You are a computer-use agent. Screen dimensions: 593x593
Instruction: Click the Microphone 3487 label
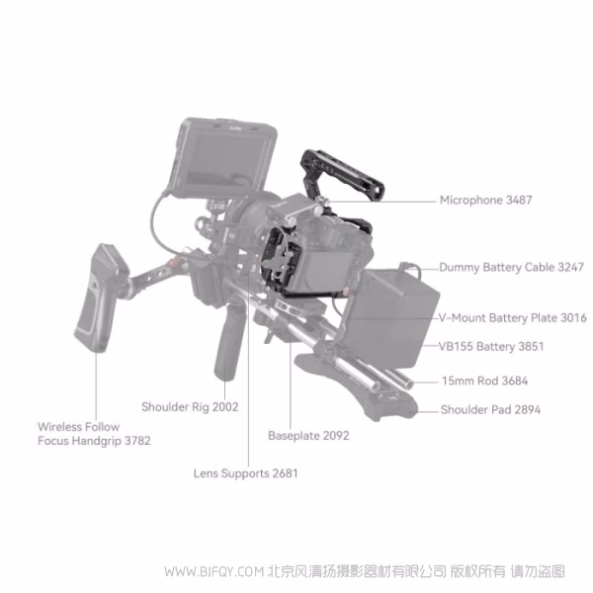point(485,200)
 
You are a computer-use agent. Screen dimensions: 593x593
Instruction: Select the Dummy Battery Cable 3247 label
point(512,267)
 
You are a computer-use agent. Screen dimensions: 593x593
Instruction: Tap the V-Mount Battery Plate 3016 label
point(512,318)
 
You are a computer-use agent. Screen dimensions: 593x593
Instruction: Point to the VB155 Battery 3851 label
point(491,347)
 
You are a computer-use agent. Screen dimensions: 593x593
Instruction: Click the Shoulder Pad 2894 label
point(491,409)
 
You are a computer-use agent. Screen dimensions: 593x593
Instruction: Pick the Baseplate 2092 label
point(308,435)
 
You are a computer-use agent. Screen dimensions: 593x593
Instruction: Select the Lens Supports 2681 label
point(245,473)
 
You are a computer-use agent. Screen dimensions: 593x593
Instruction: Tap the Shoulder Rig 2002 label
point(190,406)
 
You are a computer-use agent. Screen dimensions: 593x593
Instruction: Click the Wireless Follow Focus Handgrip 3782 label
point(95,434)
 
